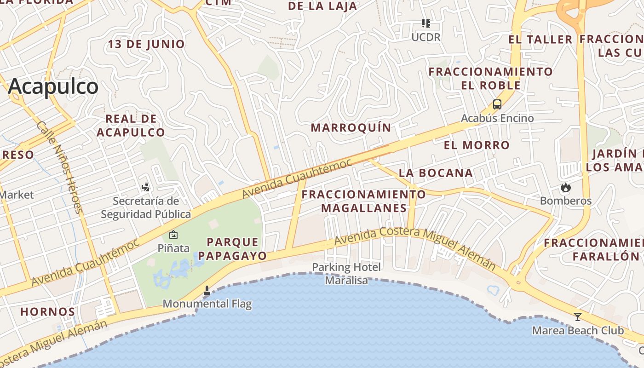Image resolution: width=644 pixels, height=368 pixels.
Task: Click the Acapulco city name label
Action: [53, 86]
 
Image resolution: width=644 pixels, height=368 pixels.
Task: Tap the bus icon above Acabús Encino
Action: [497, 104]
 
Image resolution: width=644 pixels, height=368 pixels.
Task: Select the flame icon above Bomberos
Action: [565, 187]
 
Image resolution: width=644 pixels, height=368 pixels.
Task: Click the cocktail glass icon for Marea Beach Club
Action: [578, 317]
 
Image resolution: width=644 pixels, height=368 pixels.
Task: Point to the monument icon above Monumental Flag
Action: [207, 291]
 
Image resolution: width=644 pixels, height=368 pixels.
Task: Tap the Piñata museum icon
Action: [173, 235]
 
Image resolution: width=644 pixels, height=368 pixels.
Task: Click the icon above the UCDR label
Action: [426, 23]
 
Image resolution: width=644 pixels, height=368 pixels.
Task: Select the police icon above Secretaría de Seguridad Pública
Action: [146, 187]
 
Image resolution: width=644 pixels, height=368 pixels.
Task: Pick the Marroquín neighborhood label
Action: [351, 127]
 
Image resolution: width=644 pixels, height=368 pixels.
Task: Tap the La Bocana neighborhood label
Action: [436, 173]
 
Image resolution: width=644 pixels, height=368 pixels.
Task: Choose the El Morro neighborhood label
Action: [477, 145]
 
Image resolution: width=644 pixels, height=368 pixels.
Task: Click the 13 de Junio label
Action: [146, 44]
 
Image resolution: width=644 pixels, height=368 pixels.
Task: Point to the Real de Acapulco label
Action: [131, 126]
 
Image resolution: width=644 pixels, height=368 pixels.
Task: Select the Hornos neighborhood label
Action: [47, 312]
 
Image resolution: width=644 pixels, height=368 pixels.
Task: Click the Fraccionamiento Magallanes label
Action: [363, 201]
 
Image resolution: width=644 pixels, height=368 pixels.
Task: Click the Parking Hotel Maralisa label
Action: [346, 274]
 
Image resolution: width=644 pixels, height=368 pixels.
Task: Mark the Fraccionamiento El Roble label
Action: [491, 78]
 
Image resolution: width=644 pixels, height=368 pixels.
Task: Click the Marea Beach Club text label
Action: [578, 331]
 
